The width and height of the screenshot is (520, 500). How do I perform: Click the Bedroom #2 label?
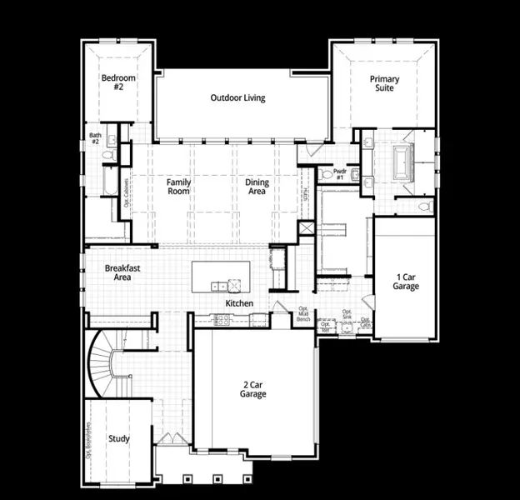118,82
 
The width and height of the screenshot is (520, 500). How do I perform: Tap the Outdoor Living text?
237,97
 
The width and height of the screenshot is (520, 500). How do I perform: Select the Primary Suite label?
385,84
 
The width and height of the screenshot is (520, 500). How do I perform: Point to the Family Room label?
178,187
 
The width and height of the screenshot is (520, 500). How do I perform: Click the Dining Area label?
256,187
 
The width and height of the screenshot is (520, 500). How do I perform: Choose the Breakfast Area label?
122,272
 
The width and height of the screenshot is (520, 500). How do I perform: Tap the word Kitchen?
239,303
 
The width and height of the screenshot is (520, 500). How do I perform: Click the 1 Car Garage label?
406,282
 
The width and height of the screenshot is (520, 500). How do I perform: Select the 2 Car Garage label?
254,389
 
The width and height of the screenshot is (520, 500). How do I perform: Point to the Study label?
118,438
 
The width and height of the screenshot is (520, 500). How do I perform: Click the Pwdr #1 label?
339,174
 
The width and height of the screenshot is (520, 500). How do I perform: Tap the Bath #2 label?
95,138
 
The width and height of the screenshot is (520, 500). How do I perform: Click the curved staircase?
107,363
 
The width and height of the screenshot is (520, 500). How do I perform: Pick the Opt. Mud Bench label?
304,314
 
